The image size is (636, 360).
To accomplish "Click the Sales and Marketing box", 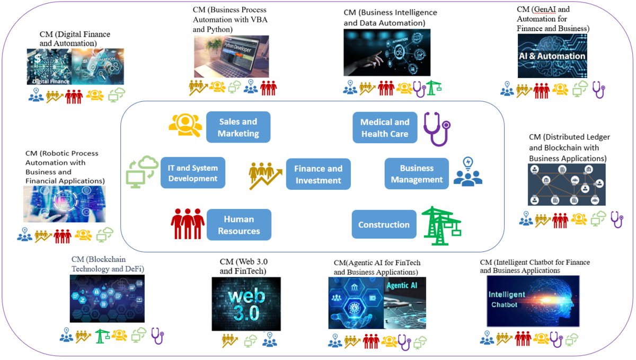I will (238, 127).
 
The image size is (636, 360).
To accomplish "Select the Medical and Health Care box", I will (385, 128).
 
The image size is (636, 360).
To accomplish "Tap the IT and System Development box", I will (193, 173).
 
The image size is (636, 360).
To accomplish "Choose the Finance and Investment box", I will (318, 174).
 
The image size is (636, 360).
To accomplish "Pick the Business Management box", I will (417, 173).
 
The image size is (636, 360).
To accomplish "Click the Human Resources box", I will (239, 225).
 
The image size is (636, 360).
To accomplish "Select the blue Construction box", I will (384, 224).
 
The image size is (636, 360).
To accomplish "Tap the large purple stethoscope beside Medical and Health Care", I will (437, 128).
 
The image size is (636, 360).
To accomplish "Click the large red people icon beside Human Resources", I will (188, 224).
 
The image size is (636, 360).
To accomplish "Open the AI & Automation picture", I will (552, 56).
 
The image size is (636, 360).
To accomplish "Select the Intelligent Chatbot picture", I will (533, 301).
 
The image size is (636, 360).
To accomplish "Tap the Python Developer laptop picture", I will (231, 57).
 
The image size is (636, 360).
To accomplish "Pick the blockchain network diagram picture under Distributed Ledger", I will (567, 185).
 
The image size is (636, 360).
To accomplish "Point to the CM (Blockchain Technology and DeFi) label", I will (108, 264).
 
